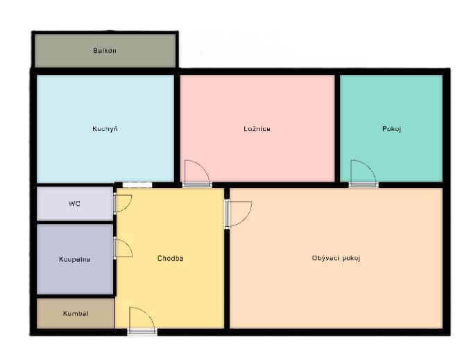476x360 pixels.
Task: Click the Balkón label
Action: pos(105,51)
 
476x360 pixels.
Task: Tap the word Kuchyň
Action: pos(105,129)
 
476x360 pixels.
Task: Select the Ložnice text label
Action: pos(257,129)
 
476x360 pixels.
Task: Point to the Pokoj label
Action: pos(391,129)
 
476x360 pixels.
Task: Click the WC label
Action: pos(74,204)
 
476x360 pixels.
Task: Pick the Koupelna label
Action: pos(75,259)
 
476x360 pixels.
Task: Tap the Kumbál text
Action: pos(76,314)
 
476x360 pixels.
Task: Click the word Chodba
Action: pos(170,258)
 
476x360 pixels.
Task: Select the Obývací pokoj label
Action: pos(336,258)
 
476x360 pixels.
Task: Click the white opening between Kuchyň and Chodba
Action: pos(137,185)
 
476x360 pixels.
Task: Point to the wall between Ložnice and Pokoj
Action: pos(337,129)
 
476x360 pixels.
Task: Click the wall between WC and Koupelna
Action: pos(75,222)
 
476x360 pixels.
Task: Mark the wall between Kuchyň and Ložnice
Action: pos(177,129)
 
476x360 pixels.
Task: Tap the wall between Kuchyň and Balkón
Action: pos(105,71)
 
